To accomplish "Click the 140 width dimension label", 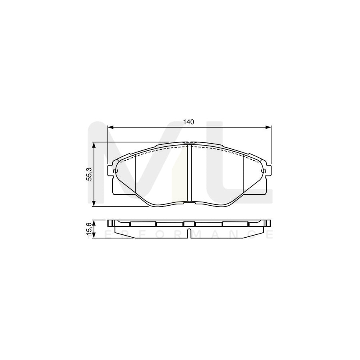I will (189, 122).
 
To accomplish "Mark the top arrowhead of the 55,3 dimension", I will (94, 145).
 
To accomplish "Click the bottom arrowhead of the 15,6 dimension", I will (94, 236).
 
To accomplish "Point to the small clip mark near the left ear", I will (116, 172).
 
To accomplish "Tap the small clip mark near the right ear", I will (263, 172).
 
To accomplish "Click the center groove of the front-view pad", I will (190, 174).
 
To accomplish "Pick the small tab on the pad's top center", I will (188, 142).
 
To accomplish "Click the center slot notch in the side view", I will (190, 234).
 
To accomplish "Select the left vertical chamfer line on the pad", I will (136, 174).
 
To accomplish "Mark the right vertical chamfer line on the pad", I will (243, 174).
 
